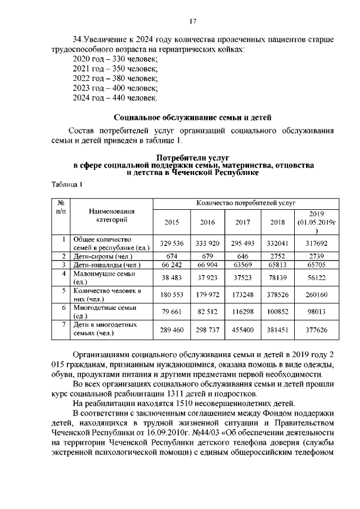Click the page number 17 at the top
192,21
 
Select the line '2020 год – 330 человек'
115,58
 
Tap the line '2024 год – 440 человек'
115,98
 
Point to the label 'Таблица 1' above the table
67,184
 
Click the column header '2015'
172,222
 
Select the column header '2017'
242,222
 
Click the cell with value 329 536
172,243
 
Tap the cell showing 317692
316,243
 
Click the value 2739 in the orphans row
316,256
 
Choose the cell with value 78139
278,277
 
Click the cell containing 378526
278,295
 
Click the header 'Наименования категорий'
111,215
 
